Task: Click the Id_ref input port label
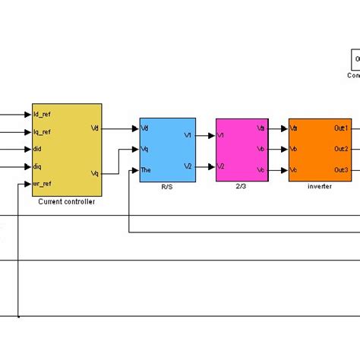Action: tap(43, 115)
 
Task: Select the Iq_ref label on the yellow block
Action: tap(43, 131)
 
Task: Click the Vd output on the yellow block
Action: tap(94, 128)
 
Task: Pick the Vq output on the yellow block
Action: tap(94, 173)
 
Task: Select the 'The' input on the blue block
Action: tap(147, 169)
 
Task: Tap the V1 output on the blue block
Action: tap(188, 136)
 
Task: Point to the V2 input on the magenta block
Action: tap(221, 166)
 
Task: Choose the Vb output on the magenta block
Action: tap(261, 149)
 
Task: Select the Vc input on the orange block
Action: tap(294, 169)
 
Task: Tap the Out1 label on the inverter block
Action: tap(341, 128)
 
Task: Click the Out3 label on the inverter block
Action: tap(341, 169)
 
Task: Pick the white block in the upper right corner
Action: tap(355, 60)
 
